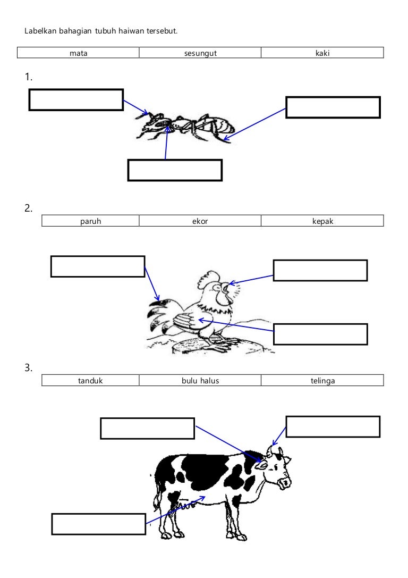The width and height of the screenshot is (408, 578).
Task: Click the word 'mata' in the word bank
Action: (79, 53)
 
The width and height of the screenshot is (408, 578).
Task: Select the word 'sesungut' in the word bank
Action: (200, 54)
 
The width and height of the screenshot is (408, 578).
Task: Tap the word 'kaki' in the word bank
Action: (322, 53)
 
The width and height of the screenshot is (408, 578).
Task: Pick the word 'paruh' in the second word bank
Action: (91, 221)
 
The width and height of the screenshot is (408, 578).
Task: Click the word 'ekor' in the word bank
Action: (200, 221)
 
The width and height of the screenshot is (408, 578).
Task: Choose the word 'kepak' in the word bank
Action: (322, 221)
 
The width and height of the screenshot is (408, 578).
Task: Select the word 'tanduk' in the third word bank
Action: (90, 380)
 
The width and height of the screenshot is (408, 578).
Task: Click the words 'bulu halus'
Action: (200, 380)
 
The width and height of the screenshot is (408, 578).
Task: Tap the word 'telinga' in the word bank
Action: (322, 381)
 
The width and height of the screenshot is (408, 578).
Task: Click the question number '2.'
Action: (28, 208)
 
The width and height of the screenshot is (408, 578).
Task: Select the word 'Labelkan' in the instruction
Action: (40, 31)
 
